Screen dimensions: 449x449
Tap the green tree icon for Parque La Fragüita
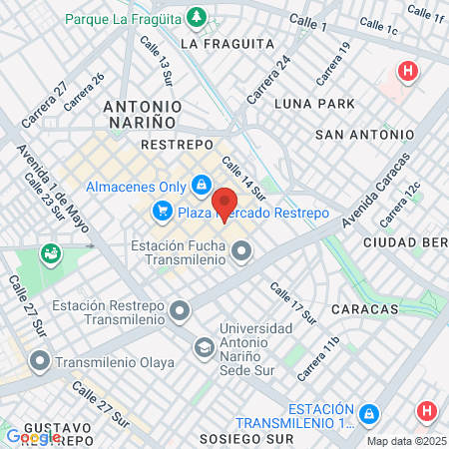[x=199, y=18]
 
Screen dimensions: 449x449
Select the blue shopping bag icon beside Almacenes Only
[x=203, y=185]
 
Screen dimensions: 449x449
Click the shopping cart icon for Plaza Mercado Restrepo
[x=162, y=212]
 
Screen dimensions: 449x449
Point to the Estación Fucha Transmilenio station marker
[x=241, y=253]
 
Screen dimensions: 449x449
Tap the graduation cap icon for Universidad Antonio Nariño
[x=204, y=346]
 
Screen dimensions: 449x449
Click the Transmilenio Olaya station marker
[x=39, y=361]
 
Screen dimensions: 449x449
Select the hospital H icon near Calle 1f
[x=406, y=72]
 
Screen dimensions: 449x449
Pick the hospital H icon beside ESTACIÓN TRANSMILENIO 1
[x=427, y=411]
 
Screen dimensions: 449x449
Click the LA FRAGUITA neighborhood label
[x=227, y=44]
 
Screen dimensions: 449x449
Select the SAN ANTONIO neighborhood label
[x=364, y=134]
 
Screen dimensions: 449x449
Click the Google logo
[x=33, y=436]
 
